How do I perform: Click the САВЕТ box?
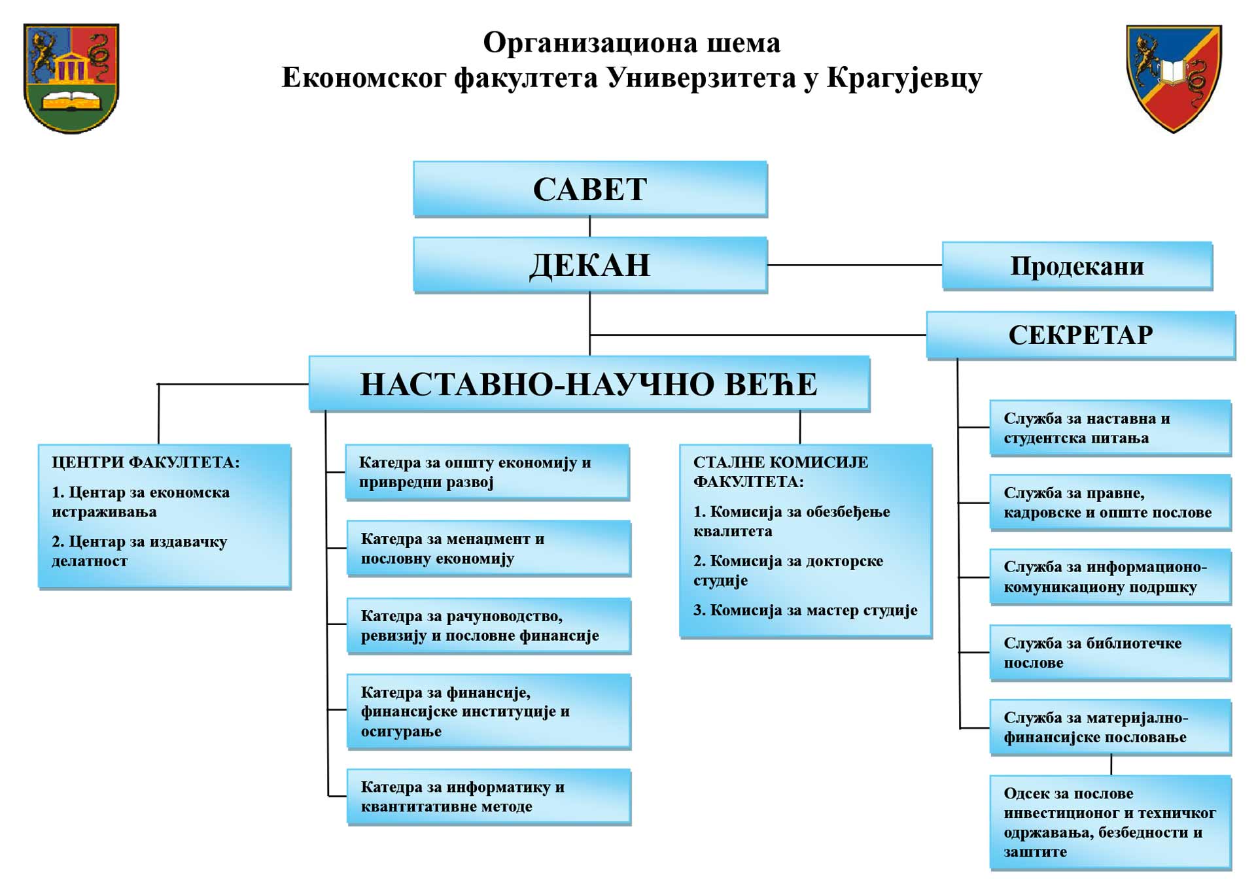pyautogui.click(x=590, y=189)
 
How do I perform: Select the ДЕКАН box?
pyautogui.click(x=590, y=265)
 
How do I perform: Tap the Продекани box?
pyautogui.click(x=1077, y=265)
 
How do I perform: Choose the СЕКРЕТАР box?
pyautogui.click(x=1081, y=335)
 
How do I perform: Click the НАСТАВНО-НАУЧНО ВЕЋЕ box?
pyautogui.click(x=589, y=384)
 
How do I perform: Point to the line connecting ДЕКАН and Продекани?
pyautogui.click(x=855, y=265)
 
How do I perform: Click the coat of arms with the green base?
pyautogui.click(x=71, y=78)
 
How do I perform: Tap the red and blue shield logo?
pyautogui.click(x=1174, y=78)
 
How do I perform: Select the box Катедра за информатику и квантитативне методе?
pyautogui.click(x=489, y=796)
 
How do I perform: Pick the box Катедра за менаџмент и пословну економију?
pyautogui.click(x=489, y=549)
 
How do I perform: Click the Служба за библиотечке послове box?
pyautogui.click(x=1111, y=653)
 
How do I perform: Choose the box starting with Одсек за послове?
pyautogui.click(x=1111, y=823)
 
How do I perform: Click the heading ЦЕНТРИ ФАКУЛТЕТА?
pyautogui.click(x=146, y=462)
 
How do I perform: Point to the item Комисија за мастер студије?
pyautogui.click(x=805, y=610)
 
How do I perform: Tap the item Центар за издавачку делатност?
pyautogui.click(x=139, y=551)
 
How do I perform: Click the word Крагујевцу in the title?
pyautogui.click(x=904, y=78)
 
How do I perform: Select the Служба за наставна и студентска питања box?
pyautogui.click(x=1111, y=428)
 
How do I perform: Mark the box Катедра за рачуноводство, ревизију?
pyautogui.click(x=489, y=626)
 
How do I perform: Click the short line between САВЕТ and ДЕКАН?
pyautogui.click(x=590, y=227)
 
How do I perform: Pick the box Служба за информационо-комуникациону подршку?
pyautogui.click(x=1111, y=577)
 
